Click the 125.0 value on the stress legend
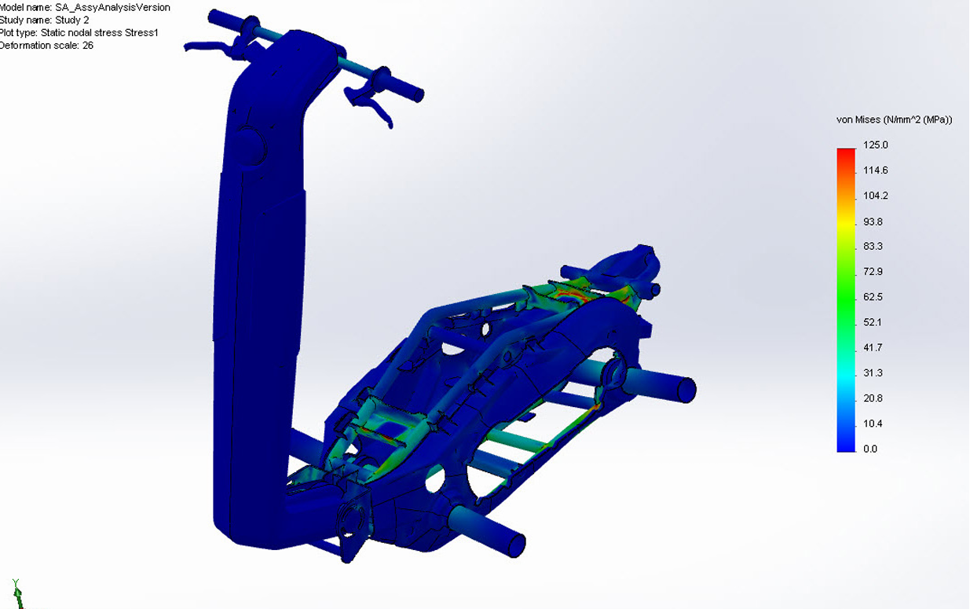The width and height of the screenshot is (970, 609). (875, 145)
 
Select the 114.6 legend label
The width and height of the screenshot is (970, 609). (875, 171)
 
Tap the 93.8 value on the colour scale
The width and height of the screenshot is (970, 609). (873, 222)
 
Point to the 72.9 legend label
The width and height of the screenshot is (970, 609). (873, 272)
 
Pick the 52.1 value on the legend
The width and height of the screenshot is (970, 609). (873, 322)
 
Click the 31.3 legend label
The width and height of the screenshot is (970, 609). (873, 373)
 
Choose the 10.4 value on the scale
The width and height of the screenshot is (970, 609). (873, 424)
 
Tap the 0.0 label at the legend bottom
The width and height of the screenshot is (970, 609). (870, 449)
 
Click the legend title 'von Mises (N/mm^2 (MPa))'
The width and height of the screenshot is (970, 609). (895, 120)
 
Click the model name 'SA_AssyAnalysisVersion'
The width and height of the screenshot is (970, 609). (112, 7)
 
